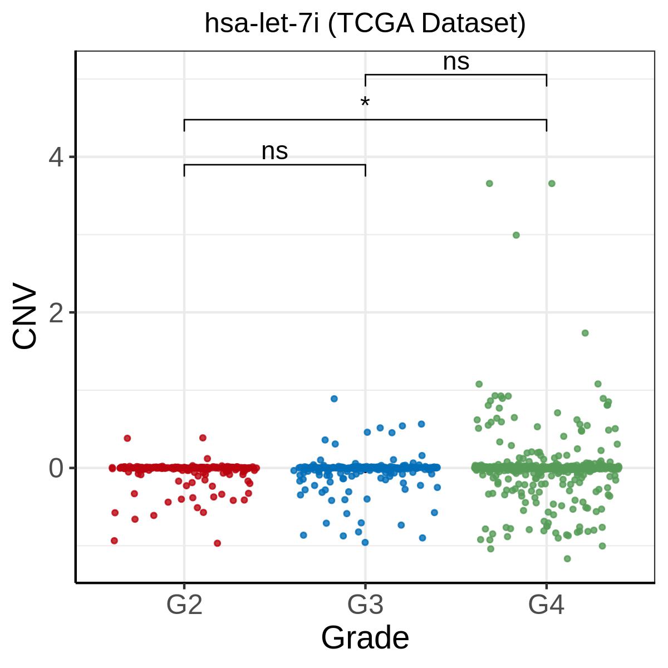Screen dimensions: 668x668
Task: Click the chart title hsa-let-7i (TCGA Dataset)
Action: [365, 24]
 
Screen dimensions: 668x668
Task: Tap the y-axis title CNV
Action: [24, 315]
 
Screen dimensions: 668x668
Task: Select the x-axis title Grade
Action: [365, 638]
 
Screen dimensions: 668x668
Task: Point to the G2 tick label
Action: [184, 604]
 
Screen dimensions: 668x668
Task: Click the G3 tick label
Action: [365, 604]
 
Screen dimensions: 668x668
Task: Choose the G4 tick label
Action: [546, 604]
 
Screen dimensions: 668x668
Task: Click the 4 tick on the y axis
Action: [56, 157]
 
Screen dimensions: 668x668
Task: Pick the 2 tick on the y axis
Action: [56, 312]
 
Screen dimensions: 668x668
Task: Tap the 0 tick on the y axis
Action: [56, 468]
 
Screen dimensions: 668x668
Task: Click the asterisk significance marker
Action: [365, 102]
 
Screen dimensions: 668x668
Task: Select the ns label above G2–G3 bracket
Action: [274, 152]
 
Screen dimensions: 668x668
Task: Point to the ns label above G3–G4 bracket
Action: [456, 62]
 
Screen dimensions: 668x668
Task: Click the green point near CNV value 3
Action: [516, 235]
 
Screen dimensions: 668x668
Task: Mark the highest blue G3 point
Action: [334, 399]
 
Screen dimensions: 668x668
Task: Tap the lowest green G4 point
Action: [567, 559]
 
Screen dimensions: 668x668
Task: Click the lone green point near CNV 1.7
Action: [585, 333]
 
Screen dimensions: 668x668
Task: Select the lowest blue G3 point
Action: [365, 543]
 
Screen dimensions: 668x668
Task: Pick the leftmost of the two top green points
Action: [489, 183]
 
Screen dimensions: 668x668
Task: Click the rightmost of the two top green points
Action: [552, 183]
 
